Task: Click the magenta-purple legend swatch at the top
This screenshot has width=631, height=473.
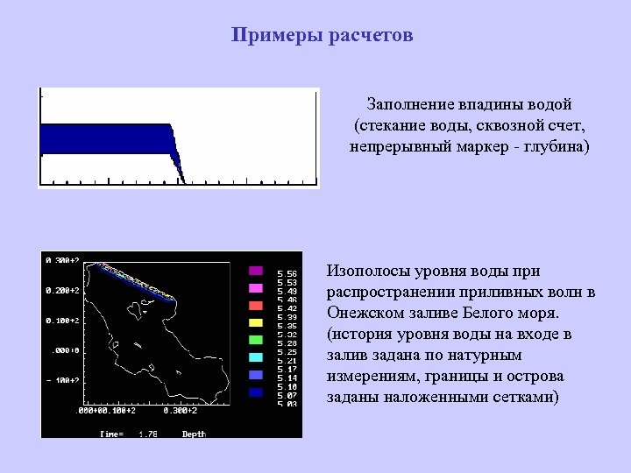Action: point(256,271)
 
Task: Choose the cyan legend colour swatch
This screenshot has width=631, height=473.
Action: point(256,357)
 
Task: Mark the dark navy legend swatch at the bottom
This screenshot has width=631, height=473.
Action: point(256,392)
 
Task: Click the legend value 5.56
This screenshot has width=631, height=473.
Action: point(287,273)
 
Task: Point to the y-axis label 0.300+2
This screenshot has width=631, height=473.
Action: point(62,260)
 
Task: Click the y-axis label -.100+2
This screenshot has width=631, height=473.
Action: point(62,381)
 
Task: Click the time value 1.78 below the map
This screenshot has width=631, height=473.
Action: point(148,434)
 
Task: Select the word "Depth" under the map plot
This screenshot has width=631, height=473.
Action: point(194,434)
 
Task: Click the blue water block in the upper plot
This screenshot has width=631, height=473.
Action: point(105,138)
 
